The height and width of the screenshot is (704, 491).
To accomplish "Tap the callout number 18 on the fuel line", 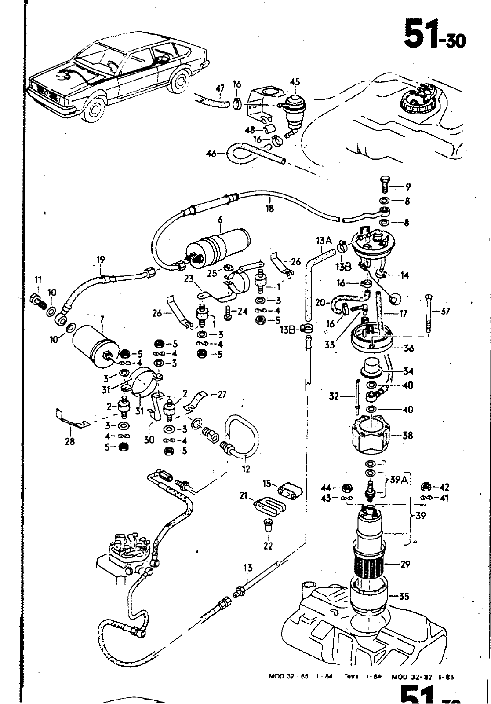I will [269, 209].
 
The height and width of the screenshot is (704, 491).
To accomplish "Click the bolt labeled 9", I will [384, 184].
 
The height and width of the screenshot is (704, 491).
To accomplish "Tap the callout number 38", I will [408, 436].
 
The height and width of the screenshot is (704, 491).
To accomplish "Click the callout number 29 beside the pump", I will [405, 564].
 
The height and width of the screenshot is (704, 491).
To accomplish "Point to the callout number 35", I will [404, 597].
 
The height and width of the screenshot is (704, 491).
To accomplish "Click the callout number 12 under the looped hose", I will [246, 469].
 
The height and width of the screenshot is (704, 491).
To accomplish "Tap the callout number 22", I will [268, 546].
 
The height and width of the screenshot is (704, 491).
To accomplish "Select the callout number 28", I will [69, 441].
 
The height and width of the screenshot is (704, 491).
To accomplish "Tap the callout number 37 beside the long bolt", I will [445, 312].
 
